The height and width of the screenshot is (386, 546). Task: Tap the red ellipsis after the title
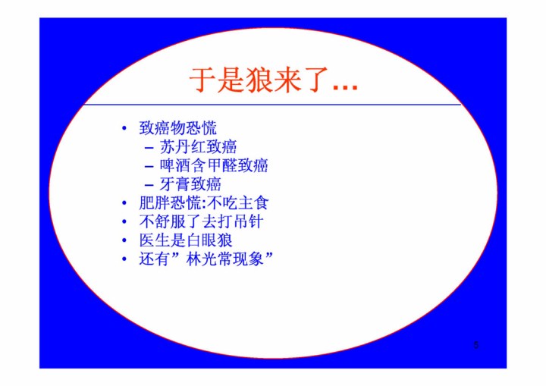(x=345, y=87)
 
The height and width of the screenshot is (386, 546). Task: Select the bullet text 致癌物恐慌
(x=177, y=128)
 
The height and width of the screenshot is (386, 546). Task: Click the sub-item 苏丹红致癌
(x=198, y=147)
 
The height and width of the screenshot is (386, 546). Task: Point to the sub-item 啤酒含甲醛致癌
(x=214, y=165)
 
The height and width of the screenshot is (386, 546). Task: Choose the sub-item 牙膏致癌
(x=190, y=184)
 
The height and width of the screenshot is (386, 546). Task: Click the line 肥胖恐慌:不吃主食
(x=204, y=203)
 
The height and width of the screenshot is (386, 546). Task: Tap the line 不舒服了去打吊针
(x=201, y=222)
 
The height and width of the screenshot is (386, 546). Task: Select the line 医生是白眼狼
(x=185, y=240)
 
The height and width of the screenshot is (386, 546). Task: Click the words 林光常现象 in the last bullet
(x=225, y=259)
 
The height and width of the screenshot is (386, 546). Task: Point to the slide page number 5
(x=476, y=345)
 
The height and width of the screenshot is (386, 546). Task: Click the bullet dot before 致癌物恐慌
(x=124, y=129)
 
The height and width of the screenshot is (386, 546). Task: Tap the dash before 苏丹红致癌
(x=149, y=148)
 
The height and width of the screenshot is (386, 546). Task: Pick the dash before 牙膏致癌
(x=149, y=185)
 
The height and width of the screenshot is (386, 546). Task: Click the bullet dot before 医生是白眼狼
(x=124, y=240)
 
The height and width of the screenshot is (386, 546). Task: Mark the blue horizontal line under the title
(x=273, y=104)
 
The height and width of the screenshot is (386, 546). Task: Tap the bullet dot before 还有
(x=124, y=259)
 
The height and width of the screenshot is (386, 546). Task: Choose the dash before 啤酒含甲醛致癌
(x=149, y=167)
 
